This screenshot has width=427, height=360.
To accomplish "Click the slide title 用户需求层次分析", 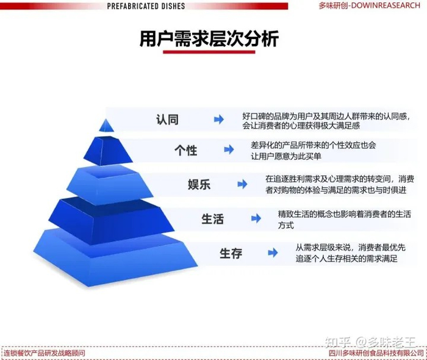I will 209,39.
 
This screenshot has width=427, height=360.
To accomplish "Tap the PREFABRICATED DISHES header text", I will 146,5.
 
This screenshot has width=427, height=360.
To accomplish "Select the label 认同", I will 167,120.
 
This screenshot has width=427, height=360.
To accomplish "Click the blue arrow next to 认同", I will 218,120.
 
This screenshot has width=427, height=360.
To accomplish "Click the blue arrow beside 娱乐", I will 242,184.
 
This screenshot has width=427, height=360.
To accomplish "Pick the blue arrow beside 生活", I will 256,218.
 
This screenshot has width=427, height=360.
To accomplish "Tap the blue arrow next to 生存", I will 273,252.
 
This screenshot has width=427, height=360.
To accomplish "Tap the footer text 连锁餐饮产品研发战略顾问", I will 44,353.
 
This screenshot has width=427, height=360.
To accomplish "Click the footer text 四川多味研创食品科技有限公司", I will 376,353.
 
